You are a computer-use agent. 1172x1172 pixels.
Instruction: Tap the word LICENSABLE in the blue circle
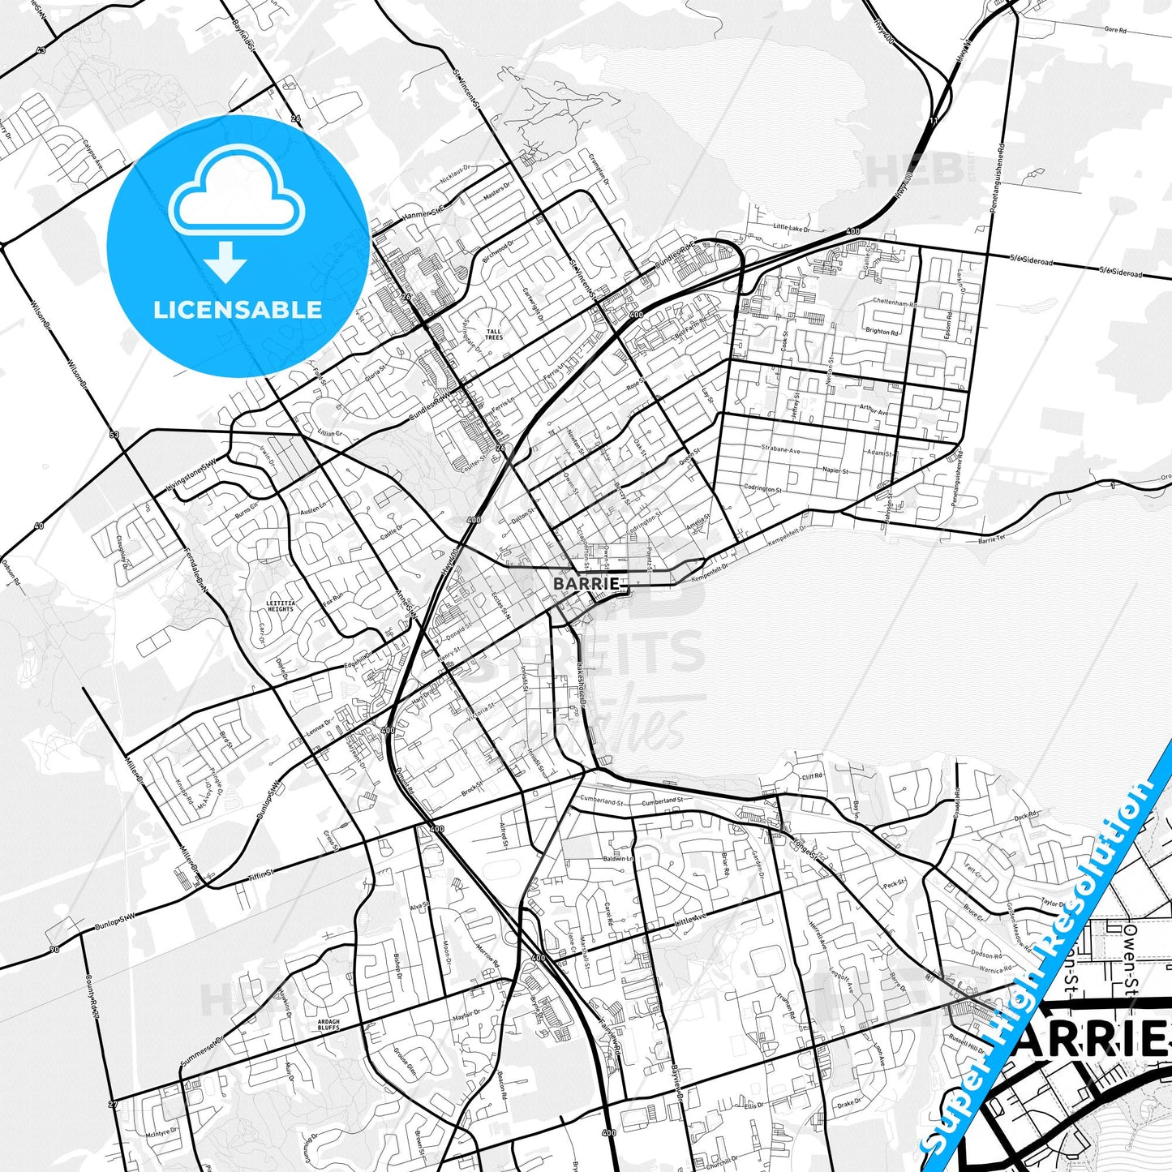238,310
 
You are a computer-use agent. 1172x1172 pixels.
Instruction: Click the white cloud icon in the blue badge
237,195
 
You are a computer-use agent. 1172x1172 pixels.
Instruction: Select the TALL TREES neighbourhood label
494,334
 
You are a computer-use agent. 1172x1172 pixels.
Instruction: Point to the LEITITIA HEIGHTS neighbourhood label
280,606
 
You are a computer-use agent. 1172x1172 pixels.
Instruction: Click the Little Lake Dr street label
792,228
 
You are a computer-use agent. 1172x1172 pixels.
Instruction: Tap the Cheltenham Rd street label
895,303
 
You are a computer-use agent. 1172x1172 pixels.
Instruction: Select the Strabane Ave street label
780,449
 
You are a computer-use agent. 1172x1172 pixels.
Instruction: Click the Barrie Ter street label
991,539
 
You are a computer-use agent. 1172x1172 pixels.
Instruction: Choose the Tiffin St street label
262,877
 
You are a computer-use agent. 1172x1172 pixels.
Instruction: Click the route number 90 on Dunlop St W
54,950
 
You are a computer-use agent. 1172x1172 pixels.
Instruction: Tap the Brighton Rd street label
882,332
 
